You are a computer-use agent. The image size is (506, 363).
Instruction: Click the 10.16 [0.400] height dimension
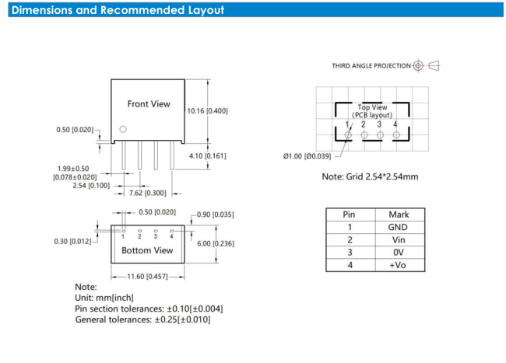click(208, 111)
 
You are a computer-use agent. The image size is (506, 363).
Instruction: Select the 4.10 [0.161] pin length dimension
click(208, 156)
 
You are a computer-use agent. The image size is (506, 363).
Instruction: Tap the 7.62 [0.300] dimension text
click(147, 193)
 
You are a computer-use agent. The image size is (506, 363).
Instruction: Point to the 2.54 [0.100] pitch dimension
click(91, 186)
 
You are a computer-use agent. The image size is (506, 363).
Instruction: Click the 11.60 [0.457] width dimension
click(147, 277)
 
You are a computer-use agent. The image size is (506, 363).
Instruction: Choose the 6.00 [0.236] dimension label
click(216, 243)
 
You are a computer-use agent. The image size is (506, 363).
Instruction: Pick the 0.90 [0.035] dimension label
click(215, 215)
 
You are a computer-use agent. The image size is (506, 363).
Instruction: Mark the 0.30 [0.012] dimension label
click(72, 241)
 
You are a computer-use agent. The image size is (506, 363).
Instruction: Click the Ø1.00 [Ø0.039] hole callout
click(307, 156)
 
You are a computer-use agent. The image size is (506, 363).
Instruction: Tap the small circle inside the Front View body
click(123, 129)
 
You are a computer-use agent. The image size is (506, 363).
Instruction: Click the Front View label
click(149, 104)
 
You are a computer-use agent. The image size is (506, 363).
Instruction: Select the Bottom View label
click(147, 250)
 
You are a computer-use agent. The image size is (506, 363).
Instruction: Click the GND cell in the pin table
click(398, 227)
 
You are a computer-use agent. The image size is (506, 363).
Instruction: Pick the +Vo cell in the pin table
click(398, 265)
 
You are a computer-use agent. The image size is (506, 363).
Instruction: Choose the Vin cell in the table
click(399, 239)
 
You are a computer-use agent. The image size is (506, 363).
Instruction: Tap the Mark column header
click(399, 215)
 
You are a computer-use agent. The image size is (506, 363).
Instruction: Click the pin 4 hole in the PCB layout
click(396, 135)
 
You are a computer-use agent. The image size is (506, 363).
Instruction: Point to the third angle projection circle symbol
click(418, 66)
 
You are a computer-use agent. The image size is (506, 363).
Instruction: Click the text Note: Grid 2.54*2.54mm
click(370, 176)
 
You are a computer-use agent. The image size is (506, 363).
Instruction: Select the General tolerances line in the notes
click(142, 319)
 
